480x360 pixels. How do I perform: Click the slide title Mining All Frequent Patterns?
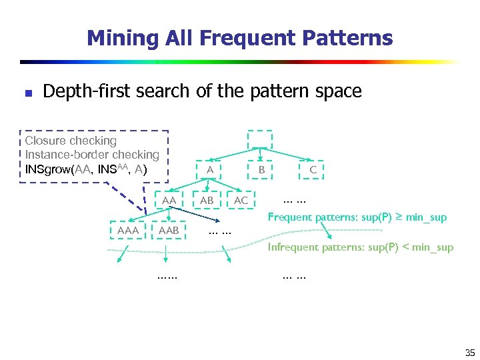pos(239,37)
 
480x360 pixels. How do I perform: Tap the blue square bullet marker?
pos(27,93)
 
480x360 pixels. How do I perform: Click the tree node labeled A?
pos(209,170)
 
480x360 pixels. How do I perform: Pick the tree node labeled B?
pos(262,170)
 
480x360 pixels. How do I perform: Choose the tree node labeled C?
pos(313,170)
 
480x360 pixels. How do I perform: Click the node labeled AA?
pos(169,200)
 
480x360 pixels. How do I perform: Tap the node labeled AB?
pos(207,200)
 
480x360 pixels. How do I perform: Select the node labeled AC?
pos(241,200)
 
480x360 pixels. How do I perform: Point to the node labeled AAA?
pos(128,230)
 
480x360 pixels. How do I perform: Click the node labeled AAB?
pos(169,230)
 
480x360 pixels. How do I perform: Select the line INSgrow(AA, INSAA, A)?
pos(86,169)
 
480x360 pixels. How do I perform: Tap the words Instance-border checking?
pos(92,155)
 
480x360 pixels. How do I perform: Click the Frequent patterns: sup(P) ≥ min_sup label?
pos(357,217)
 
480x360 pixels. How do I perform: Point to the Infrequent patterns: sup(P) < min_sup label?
pos(361,247)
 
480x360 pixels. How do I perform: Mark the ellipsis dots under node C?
pos(294,198)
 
